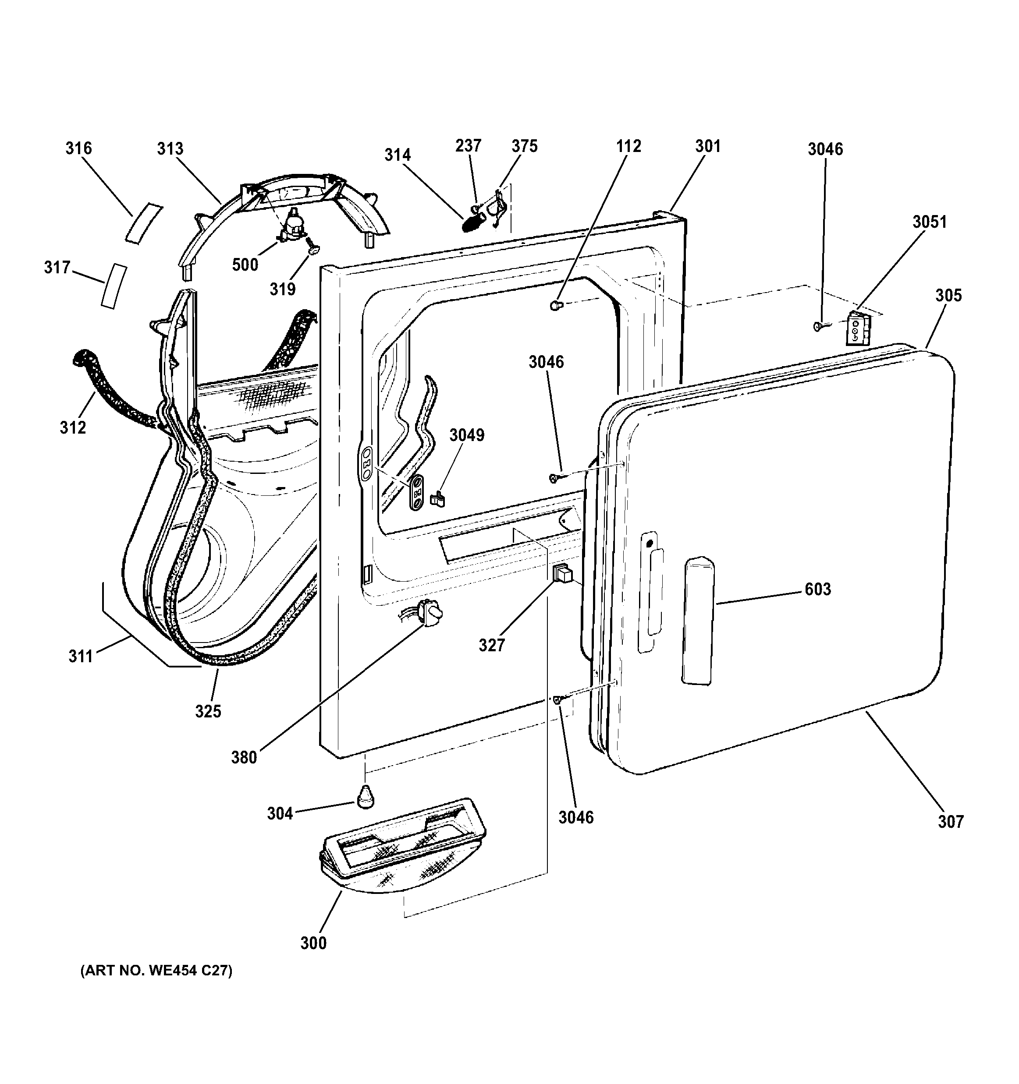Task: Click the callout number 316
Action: pos(78,148)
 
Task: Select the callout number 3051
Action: pos(930,222)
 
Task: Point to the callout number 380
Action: pos(244,757)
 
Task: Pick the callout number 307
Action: pos(951,837)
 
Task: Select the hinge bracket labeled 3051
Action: pos(856,328)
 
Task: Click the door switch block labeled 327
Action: pos(563,574)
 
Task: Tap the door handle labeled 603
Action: pos(698,621)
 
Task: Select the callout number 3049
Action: pos(466,434)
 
